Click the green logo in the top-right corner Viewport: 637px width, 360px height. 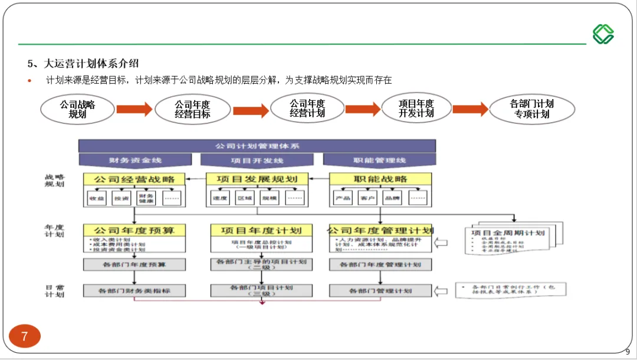(x=603, y=34)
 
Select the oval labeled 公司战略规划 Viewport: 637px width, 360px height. (x=77, y=109)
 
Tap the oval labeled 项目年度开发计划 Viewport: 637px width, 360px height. (x=416, y=108)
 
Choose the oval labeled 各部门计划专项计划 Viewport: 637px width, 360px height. (x=532, y=109)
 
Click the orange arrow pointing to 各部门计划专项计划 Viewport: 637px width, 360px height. (x=470, y=109)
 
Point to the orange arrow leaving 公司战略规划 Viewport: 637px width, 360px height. (x=134, y=109)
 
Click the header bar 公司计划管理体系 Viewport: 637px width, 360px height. (x=257, y=145)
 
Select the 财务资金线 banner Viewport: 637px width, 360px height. (x=135, y=160)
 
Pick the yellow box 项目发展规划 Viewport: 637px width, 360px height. (x=257, y=179)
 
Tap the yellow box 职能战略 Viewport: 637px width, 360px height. (x=380, y=179)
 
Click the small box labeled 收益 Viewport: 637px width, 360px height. (x=97, y=198)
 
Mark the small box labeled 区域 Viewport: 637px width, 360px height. (x=244, y=198)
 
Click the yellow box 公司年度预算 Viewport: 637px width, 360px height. (x=134, y=230)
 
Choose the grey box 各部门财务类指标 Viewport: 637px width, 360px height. (x=134, y=291)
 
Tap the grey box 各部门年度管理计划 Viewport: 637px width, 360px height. (x=380, y=264)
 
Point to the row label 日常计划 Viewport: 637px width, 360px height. (x=54, y=291)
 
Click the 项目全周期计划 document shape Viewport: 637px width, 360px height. (x=507, y=239)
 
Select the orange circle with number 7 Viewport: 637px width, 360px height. (x=24, y=336)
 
